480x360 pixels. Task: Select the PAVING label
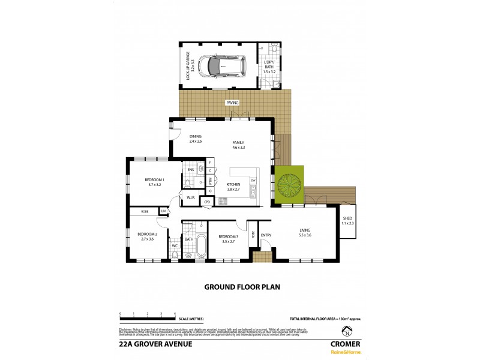(x=231, y=103)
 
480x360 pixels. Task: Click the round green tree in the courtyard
(x=289, y=181)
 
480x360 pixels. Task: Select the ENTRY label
(x=266, y=235)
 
